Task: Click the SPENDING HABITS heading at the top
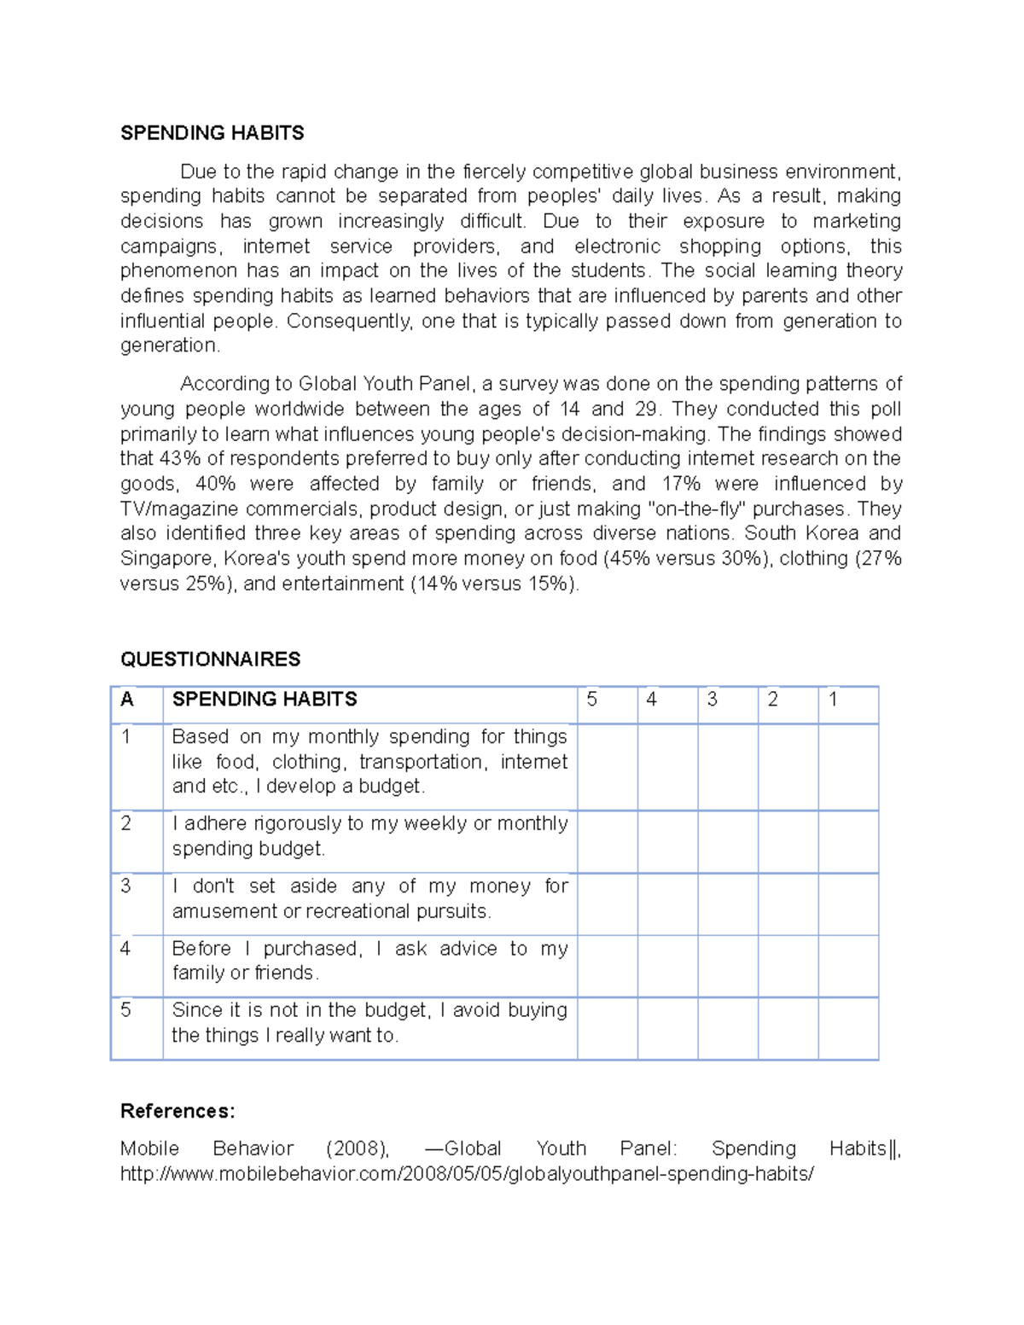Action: (212, 133)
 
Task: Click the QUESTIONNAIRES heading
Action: (210, 660)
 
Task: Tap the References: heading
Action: (177, 1111)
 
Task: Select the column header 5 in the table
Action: (592, 700)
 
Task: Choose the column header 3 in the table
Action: (712, 700)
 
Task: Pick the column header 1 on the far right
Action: (833, 700)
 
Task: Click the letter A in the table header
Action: (127, 700)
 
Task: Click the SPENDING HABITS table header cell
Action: (265, 700)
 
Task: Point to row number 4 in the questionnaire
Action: (125, 949)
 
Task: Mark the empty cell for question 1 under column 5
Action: (607, 767)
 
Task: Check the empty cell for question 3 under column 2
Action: (788, 904)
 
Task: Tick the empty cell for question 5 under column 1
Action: (848, 1028)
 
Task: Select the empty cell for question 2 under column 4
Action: (667, 841)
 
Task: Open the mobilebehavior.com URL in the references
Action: (467, 1174)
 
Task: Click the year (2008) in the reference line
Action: (358, 1149)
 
